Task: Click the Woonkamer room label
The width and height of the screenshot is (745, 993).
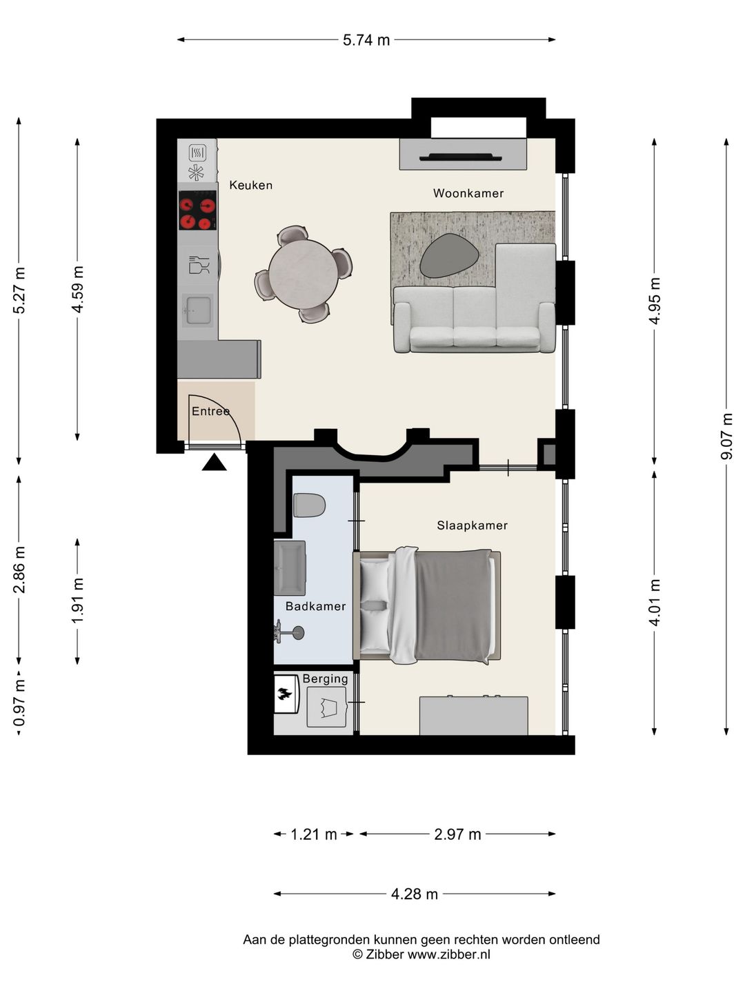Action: point(468,193)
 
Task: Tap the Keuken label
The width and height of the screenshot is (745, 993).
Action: point(250,185)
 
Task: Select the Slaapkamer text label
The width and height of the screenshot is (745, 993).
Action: point(472,525)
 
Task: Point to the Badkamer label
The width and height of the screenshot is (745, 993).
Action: point(315,606)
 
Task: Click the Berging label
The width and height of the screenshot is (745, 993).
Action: point(325,679)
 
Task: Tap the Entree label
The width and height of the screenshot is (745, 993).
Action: point(211,411)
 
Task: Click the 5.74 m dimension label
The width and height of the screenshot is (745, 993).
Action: point(366,40)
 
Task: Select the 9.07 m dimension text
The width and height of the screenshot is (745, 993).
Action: point(726,436)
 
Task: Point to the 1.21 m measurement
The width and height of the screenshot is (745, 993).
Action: point(313,834)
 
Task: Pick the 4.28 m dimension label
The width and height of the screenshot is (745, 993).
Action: point(415,894)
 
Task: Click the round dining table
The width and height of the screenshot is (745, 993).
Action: point(303,274)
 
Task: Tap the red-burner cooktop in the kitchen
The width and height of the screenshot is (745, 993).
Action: point(197,210)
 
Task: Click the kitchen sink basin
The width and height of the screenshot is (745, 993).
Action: point(198,310)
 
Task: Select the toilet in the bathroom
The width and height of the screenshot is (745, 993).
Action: point(310,505)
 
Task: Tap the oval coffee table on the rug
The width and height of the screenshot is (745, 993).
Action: point(449,256)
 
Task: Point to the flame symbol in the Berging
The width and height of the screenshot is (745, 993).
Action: point(284,694)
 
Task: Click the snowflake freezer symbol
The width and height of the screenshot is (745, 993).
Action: point(196,172)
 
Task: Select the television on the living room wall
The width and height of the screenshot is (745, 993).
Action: point(461,157)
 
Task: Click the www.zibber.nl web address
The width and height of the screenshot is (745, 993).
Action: point(449,954)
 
